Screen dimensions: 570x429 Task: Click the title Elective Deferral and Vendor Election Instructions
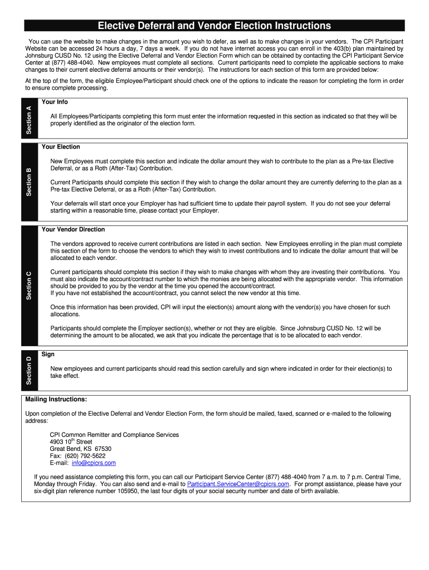click(214, 26)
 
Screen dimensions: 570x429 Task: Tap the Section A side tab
click(30, 119)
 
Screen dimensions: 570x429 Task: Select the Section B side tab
click(30, 181)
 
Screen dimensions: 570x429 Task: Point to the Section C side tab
click(30, 284)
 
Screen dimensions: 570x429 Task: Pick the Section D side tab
click(30, 370)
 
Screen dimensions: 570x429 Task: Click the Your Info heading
click(55, 102)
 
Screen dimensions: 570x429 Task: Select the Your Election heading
click(61, 147)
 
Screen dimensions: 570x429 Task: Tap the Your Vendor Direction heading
click(73, 229)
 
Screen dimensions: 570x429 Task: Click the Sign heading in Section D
click(48, 354)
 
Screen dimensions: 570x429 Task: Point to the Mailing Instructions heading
click(56, 399)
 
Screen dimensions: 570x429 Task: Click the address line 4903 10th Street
click(71, 442)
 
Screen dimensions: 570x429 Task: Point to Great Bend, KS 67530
click(80, 449)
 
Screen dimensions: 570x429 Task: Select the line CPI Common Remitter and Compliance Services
click(114, 435)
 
